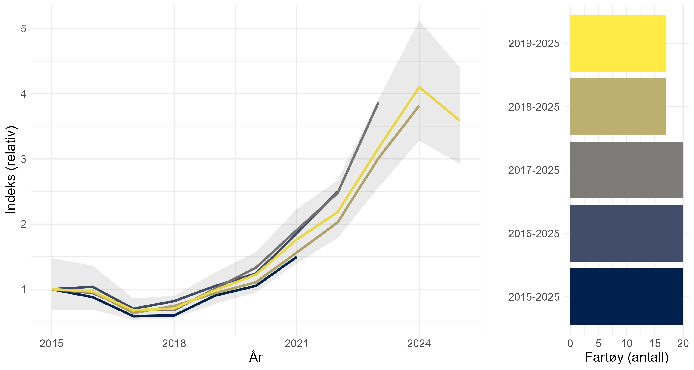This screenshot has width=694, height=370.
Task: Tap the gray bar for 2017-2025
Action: pos(626,170)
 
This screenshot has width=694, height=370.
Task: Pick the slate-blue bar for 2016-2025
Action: pos(626,233)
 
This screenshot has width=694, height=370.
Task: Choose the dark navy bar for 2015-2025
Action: pos(626,296)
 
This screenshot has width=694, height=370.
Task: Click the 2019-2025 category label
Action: pos(534,44)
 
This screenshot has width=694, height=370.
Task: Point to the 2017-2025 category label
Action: pos(534,170)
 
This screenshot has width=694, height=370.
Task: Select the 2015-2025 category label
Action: pos(534,297)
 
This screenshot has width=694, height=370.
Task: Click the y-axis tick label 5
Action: pos(24,29)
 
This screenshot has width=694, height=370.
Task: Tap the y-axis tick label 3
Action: pos(24,159)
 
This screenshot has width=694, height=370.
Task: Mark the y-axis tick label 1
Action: pos(24,290)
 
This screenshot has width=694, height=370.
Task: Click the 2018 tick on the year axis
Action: pos(174,344)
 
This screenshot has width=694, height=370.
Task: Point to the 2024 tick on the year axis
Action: pos(419,344)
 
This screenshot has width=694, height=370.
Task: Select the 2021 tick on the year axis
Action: pos(297,344)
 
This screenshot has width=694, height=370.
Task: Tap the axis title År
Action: pos(256,357)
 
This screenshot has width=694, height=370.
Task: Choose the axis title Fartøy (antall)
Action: pos(627,357)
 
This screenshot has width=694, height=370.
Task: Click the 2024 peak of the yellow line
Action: pos(419,87)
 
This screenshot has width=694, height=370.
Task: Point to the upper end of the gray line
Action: pos(378,103)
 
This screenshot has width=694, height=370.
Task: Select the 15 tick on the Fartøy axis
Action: pos(655,344)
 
